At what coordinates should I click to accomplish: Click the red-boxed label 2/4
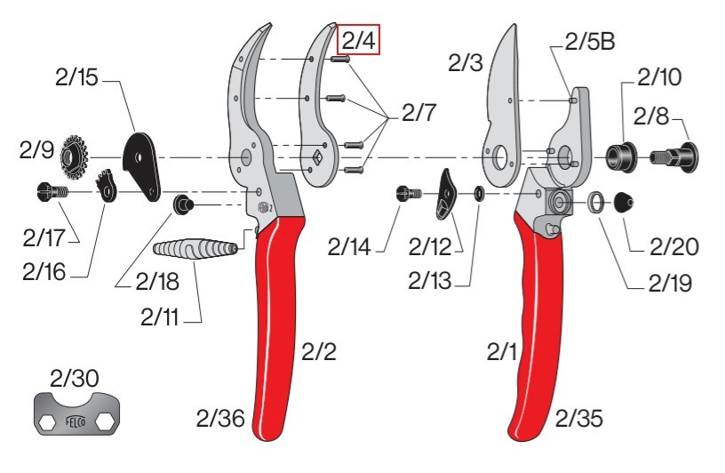[x=358, y=39]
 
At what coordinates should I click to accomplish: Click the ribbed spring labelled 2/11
[x=195, y=249]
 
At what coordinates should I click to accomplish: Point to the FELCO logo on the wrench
[x=76, y=421]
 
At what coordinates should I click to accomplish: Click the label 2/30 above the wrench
[x=74, y=378]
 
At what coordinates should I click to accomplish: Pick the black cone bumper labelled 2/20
[x=623, y=202]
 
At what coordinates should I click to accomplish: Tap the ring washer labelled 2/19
[x=596, y=202]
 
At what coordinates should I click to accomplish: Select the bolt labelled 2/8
[x=674, y=157]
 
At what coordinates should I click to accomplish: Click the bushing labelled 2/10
[x=622, y=157]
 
